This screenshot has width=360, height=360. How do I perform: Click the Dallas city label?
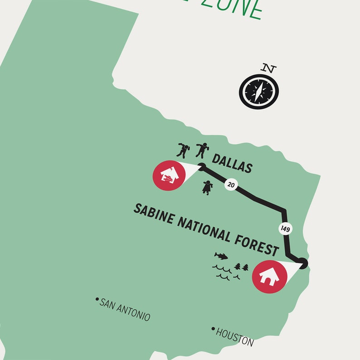point(231,164)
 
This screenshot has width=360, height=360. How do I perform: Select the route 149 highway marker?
point(285,229)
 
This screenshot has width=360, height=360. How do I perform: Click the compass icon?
point(258,91)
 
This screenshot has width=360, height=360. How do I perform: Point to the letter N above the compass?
point(269,69)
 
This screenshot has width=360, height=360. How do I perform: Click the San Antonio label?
point(125,310)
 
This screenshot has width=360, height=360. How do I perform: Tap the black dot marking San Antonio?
point(97,299)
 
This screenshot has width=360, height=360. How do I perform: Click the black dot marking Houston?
point(213,329)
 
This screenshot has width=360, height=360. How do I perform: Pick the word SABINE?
point(153,215)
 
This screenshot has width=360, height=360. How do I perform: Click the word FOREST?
point(256,244)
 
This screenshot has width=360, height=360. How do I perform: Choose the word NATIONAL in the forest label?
point(204,230)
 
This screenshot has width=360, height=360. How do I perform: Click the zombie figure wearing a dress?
point(207,187)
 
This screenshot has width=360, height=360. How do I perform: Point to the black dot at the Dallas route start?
point(202,166)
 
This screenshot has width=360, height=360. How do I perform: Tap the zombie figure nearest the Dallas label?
point(201,149)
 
